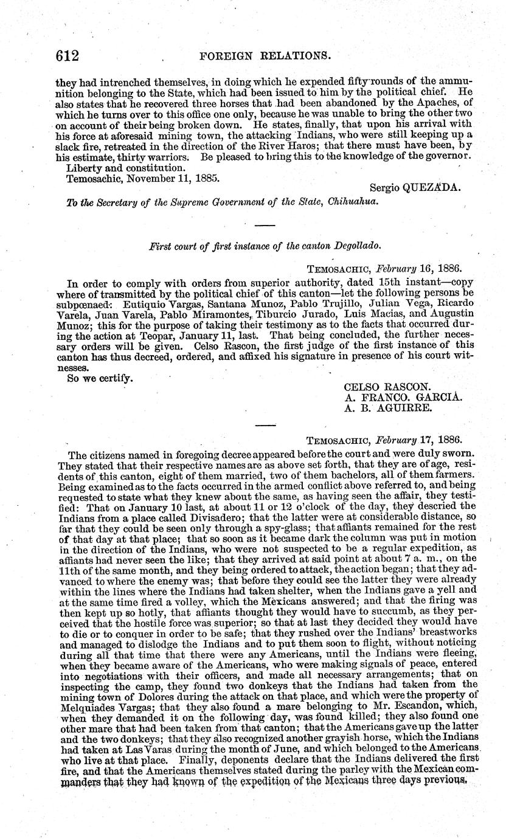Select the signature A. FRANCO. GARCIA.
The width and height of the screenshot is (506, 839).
click(x=404, y=398)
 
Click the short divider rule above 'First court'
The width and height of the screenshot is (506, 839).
click(x=264, y=226)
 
